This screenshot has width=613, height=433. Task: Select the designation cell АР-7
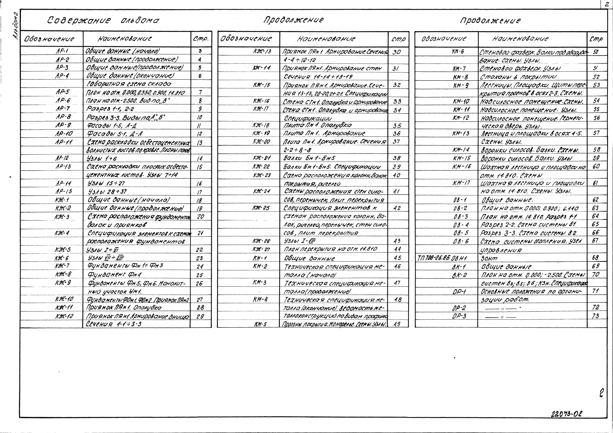(63, 109)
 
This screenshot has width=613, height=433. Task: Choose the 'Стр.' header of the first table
(200, 39)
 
